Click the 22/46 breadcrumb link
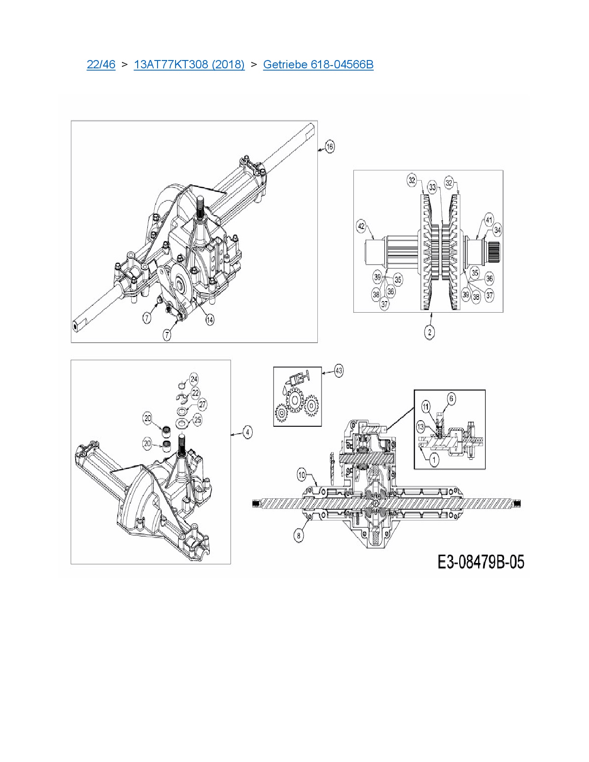[x=101, y=65]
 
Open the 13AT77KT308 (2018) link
[x=189, y=65]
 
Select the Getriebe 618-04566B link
[x=318, y=65]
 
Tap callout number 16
[x=330, y=146]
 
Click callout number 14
[x=209, y=320]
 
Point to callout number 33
[x=432, y=187]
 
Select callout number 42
[x=361, y=226]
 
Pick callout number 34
[x=497, y=230]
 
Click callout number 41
[x=489, y=220]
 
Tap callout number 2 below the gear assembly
[x=429, y=332]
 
